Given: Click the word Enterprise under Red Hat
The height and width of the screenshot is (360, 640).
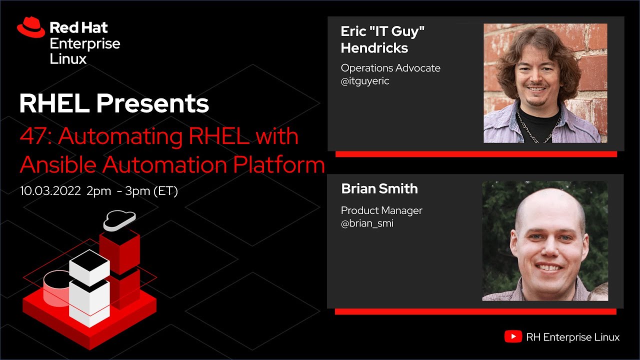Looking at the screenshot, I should (x=85, y=43).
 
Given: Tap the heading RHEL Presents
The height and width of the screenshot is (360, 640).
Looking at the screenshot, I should (x=114, y=103).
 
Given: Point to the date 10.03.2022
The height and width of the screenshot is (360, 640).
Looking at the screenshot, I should (x=50, y=191).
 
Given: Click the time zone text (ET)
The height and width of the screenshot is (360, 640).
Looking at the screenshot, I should (x=165, y=191).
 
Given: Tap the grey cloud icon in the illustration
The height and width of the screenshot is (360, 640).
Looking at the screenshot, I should (x=119, y=220).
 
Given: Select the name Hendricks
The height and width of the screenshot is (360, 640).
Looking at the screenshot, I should (x=374, y=48).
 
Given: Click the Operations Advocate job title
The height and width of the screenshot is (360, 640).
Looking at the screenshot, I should (x=390, y=68).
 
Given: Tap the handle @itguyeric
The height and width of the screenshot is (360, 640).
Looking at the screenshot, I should (x=365, y=81).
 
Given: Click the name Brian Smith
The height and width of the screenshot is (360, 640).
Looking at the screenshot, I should (x=379, y=188).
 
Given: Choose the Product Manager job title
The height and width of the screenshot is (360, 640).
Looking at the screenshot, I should (x=381, y=210).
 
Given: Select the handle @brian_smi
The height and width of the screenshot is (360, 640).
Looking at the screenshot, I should (x=367, y=223).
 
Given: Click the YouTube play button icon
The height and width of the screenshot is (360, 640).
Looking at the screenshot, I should (x=513, y=337).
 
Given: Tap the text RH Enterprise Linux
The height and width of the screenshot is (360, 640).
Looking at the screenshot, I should (x=573, y=337).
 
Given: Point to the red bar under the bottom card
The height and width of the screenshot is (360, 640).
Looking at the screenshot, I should (x=475, y=311).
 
